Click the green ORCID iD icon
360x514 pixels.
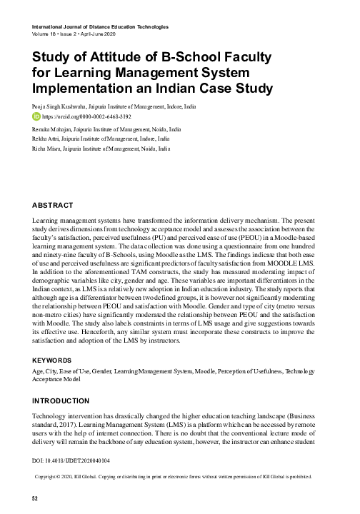coord(38,114)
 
